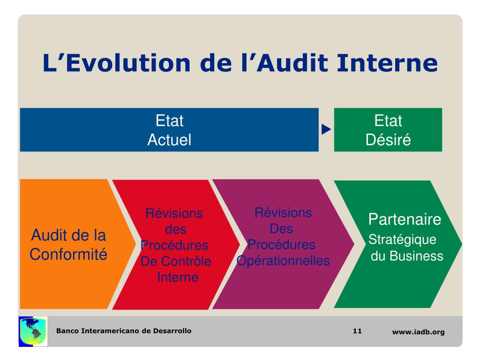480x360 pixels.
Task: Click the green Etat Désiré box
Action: [388, 130]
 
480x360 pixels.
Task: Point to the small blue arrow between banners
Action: [326, 129]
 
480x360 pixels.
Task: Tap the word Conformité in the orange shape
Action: [68, 255]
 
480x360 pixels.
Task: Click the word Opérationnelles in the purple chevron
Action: [283, 261]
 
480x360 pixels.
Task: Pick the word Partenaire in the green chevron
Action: [405, 219]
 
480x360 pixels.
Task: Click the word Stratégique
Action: [403, 240]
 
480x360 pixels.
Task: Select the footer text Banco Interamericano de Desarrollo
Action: [124, 331]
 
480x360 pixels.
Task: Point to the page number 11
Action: [357, 331]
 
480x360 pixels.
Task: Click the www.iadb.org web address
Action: [418, 332]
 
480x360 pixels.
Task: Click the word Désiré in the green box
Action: [388, 140]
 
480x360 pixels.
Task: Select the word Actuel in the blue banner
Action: [169, 140]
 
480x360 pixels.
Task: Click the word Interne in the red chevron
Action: [177, 277]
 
